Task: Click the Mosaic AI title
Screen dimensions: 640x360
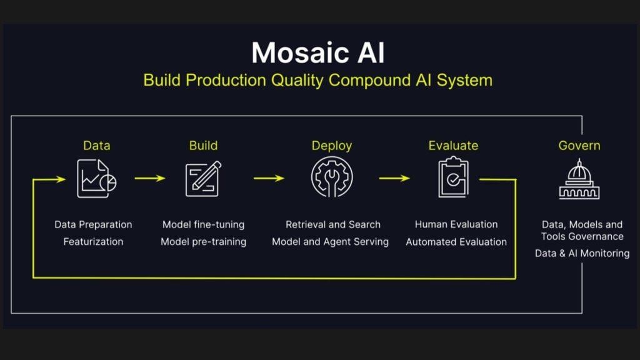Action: pos(318,52)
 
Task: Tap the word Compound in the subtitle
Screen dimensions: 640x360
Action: pos(370,80)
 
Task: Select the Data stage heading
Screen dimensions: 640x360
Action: pos(97,145)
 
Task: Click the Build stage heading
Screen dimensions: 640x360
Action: pos(203,145)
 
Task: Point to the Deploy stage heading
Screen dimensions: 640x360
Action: pos(331,146)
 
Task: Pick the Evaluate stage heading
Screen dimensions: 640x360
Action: pos(453,145)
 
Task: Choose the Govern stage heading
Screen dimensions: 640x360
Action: pos(579,145)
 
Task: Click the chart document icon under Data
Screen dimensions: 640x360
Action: pos(97,179)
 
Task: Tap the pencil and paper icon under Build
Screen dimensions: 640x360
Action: pos(203,179)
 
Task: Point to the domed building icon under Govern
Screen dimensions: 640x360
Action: pos(579,179)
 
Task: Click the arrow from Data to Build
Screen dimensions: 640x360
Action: pos(150,178)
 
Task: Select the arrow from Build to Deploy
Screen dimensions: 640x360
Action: pos(269,178)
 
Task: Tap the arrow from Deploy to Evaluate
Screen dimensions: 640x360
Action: pos(394,178)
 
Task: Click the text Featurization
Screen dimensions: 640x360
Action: pos(93,242)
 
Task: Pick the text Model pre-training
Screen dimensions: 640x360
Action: pos(203,242)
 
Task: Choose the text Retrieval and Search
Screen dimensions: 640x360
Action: pos(333,224)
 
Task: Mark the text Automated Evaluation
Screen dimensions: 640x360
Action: pos(456,242)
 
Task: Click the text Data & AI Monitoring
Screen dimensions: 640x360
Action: pos(582,253)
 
